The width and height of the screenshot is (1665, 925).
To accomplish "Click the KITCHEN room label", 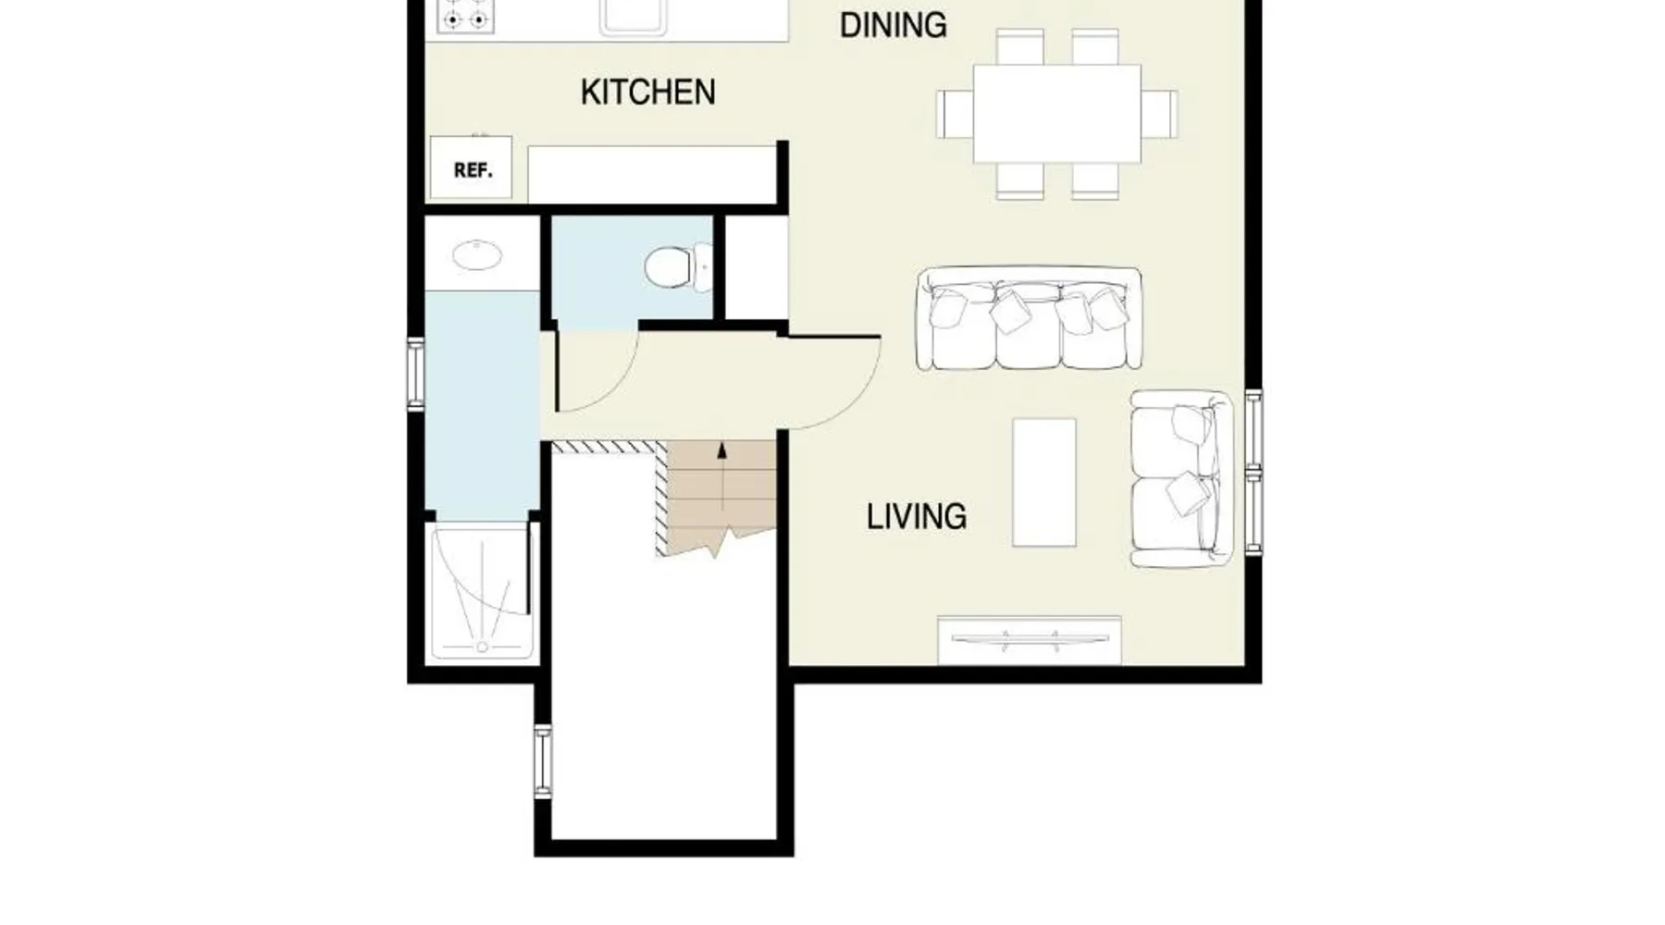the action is (647, 92).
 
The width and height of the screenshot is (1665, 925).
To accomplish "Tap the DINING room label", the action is (893, 25).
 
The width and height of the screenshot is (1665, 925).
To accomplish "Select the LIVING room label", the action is (916, 516).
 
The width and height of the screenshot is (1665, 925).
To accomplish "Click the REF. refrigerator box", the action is (472, 167).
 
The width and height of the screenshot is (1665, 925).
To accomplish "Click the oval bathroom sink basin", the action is (476, 253).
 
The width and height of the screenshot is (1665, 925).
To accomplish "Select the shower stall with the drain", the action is (481, 591).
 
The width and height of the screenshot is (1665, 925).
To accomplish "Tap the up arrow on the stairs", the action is (721, 476).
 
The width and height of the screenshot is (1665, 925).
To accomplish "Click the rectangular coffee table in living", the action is (1044, 482).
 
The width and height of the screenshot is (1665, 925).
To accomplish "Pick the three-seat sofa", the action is (1029, 318).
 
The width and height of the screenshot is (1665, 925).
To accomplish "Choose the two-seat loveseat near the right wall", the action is (1182, 478).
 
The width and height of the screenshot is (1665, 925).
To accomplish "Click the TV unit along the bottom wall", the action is (1030, 639).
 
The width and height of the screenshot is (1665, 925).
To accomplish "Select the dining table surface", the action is (1056, 113).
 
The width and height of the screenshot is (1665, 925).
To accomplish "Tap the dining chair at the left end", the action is (955, 114).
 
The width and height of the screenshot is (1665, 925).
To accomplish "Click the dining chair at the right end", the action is (1159, 114).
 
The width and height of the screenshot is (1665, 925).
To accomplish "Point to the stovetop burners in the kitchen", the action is (465, 16).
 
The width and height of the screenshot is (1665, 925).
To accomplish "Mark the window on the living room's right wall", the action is (1253, 473).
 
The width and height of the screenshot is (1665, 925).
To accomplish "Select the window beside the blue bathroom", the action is (416, 374).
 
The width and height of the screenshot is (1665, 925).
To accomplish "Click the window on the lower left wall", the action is (543, 761).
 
